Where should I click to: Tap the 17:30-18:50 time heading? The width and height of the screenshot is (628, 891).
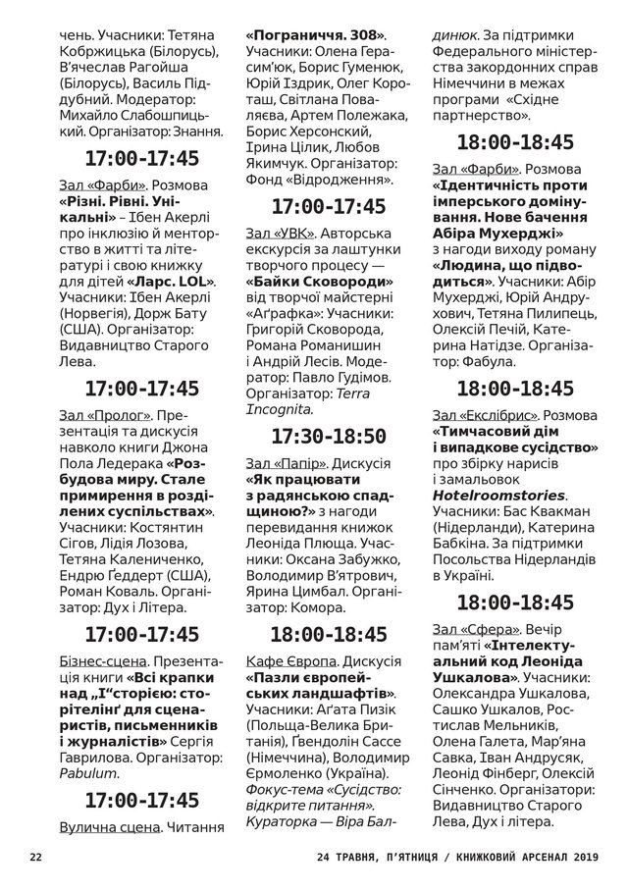click(328, 437)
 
